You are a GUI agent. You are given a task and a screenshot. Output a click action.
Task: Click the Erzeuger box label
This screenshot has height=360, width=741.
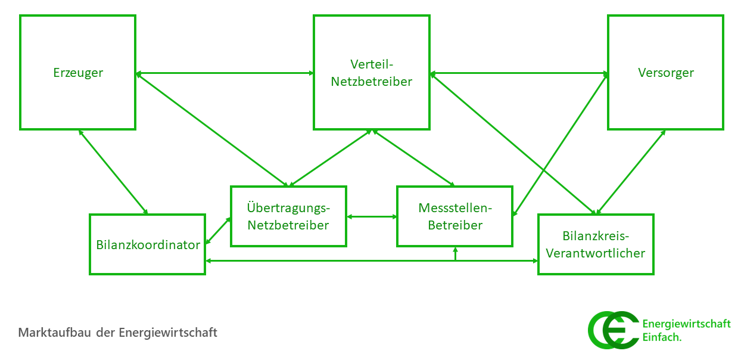click(x=78, y=73)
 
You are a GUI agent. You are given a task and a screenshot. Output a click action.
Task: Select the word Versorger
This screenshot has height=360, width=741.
click(x=666, y=73)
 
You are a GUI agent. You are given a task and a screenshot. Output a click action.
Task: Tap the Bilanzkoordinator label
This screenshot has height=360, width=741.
click(x=148, y=245)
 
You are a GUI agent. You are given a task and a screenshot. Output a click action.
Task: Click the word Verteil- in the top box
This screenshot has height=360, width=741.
click(x=372, y=64)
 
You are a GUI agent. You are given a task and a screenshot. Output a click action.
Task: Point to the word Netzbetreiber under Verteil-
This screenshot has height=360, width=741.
click(x=372, y=82)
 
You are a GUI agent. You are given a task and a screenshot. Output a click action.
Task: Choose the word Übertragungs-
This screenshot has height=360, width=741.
click(x=288, y=207)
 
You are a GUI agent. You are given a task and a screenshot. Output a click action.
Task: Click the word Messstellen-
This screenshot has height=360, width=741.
click(x=455, y=207)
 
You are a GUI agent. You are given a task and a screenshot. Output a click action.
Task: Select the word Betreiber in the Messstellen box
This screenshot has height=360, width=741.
click(x=455, y=225)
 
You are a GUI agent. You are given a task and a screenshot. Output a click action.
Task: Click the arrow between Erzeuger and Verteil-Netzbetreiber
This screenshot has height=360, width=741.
click(x=225, y=73)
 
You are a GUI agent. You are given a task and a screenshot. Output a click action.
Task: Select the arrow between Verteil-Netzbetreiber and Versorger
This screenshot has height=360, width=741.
click(x=518, y=73)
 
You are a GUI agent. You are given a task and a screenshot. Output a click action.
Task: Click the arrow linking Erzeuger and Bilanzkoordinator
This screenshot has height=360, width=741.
click(x=113, y=172)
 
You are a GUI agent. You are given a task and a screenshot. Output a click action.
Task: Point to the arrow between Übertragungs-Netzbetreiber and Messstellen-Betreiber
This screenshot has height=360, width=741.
click(x=372, y=216)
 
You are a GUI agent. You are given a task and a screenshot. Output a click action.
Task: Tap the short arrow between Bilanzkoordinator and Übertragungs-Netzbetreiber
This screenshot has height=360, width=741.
click(x=218, y=231)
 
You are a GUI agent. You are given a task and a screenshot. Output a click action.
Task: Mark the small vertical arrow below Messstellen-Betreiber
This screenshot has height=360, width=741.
click(x=455, y=253)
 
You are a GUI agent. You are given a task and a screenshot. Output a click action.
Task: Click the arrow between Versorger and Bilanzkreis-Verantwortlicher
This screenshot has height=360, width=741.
click(x=631, y=172)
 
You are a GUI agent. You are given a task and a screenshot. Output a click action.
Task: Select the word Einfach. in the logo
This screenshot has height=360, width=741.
click(x=662, y=337)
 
